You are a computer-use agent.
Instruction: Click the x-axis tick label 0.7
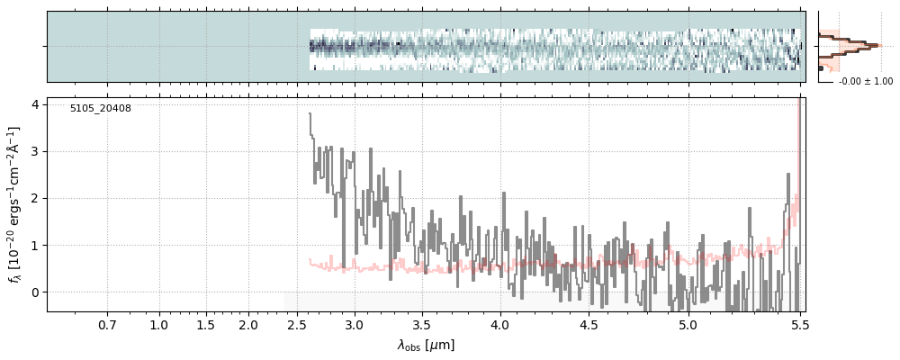[x=107, y=324]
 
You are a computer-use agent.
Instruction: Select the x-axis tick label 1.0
[x=159, y=324]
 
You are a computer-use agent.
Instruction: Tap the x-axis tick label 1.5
[x=205, y=324]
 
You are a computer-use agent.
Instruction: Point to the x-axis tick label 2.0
[x=248, y=324]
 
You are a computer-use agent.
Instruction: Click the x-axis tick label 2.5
[x=296, y=324]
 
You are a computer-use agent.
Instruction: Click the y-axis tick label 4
[x=35, y=104]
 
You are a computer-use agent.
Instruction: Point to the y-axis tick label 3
[x=35, y=151]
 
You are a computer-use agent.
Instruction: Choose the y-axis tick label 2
[x=35, y=198]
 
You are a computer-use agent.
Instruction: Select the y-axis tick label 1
[x=35, y=245]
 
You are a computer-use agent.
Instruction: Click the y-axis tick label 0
[x=35, y=292]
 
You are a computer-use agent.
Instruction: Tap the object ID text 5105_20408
[x=101, y=109]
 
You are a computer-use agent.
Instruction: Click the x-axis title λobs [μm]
[x=426, y=346]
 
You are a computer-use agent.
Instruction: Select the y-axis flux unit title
[x=14, y=204]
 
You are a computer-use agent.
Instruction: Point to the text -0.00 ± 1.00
[x=866, y=82]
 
